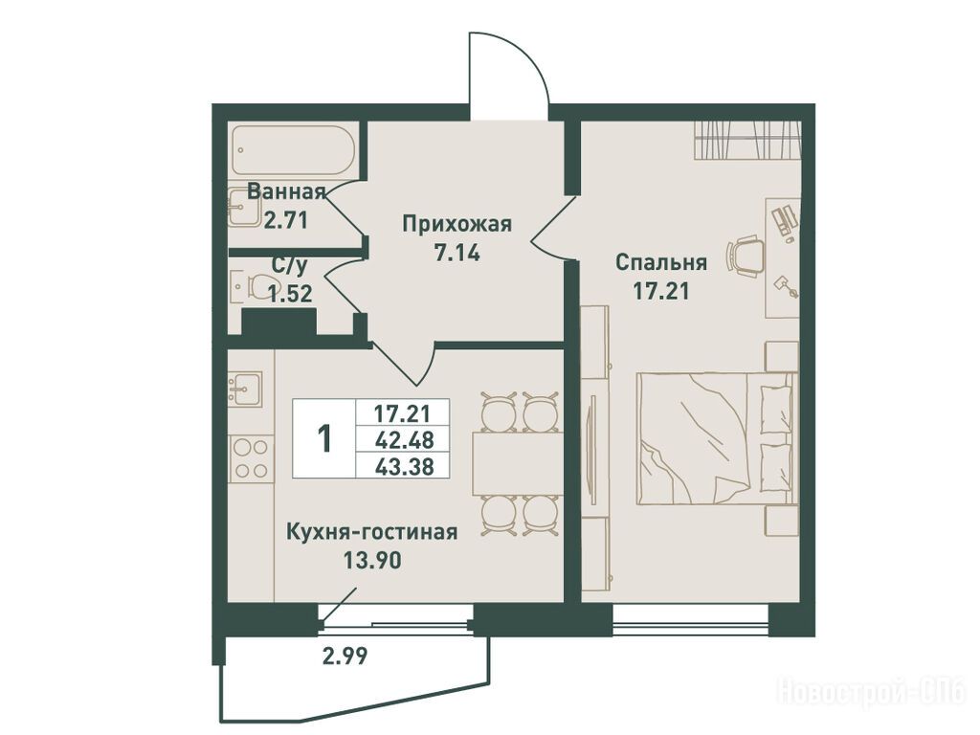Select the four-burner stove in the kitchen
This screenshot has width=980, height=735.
click(252, 458)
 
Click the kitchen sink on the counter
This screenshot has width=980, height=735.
click(245, 389)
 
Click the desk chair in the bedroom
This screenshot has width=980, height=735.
click(744, 255)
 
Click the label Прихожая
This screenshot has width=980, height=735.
click(457, 224)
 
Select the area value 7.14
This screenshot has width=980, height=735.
click(457, 253)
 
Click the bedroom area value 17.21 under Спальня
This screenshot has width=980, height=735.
click(661, 291)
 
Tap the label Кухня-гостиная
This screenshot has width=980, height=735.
click(372, 532)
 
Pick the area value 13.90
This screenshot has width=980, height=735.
click(372, 561)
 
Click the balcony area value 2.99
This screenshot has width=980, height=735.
click(345, 656)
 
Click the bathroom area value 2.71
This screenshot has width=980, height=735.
click(286, 220)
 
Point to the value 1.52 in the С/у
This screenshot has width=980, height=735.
click(290, 293)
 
